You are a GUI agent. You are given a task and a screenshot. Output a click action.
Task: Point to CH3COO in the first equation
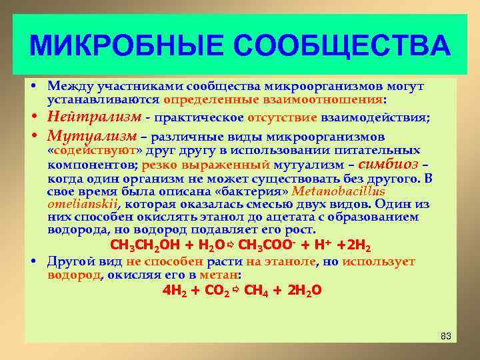tap(263, 243)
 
